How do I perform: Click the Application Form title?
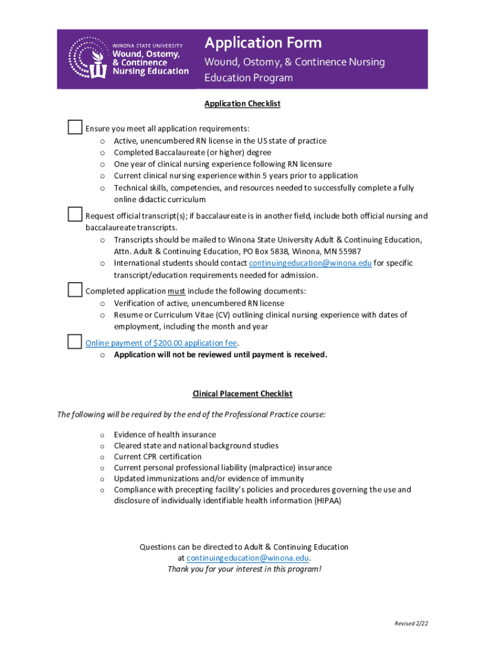click(x=263, y=43)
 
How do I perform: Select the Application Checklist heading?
click(x=242, y=104)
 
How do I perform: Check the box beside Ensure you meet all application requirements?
click(x=75, y=126)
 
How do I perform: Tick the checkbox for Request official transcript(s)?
click(x=75, y=214)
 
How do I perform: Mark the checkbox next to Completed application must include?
click(x=75, y=289)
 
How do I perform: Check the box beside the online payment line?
click(x=75, y=341)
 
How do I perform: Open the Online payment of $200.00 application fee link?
click(x=161, y=343)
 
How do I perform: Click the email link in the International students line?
click(x=310, y=263)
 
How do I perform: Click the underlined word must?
click(x=176, y=291)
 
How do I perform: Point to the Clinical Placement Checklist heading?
click(x=242, y=394)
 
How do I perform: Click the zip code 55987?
click(x=350, y=251)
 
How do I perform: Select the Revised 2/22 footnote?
click(x=411, y=624)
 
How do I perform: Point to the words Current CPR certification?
click(x=157, y=457)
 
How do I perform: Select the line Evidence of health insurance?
click(x=164, y=435)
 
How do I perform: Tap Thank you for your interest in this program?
click(x=244, y=569)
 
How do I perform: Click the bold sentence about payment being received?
click(x=220, y=355)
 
